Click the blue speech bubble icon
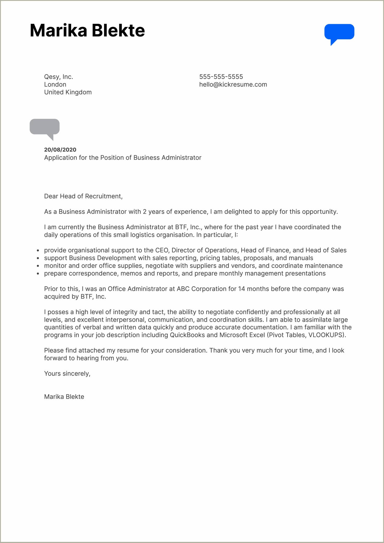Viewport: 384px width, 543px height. [339, 32]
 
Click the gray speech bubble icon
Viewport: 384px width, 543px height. [45, 127]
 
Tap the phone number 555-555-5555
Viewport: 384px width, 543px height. [221, 77]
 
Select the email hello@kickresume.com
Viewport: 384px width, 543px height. [233, 84]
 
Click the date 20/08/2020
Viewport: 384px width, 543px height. [60, 150]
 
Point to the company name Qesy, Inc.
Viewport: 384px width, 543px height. [58, 77]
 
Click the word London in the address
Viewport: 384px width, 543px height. [55, 84]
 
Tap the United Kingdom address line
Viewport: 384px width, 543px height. [68, 92]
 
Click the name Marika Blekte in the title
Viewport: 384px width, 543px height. [87, 30]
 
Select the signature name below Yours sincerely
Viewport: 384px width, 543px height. [64, 396]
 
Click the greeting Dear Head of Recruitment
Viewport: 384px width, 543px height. [83, 196]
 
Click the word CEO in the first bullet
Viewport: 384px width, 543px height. [162, 250]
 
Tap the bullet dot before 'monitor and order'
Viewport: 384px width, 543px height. [38, 266]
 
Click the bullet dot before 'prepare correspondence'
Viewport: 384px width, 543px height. [38, 274]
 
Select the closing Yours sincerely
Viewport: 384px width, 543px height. [67, 374]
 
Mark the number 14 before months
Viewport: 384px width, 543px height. [241, 289]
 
